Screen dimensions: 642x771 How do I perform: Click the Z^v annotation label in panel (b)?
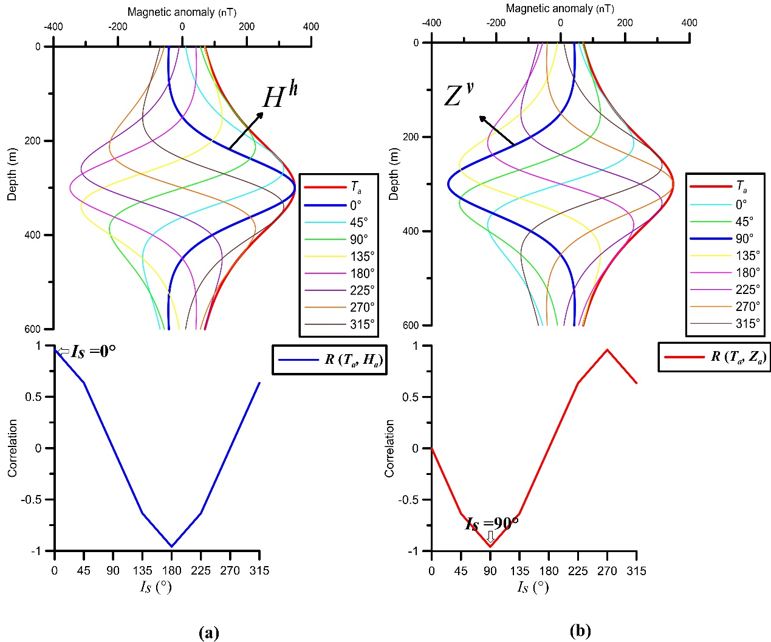tap(458, 95)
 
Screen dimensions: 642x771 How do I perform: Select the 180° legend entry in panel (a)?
tap(362, 273)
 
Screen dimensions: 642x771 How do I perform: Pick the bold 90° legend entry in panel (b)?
tap(744, 239)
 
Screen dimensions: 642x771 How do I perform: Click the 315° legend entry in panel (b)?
tap(748, 324)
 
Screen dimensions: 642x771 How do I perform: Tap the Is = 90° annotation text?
tap(492, 524)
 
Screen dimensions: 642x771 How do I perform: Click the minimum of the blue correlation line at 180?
tap(171, 546)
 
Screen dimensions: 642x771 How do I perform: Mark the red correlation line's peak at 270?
tap(607, 349)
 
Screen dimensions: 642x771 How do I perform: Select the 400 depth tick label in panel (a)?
tap(33, 235)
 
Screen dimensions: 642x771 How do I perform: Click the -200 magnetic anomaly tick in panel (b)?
tap(496, 23)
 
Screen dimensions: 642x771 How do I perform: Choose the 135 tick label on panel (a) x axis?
tap(142, 570)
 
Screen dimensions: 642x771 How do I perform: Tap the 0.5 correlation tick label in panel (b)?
tap(411, 397)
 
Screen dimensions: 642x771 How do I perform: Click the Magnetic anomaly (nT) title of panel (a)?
tap(182, 12)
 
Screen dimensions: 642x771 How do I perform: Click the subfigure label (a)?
tap(208, 633)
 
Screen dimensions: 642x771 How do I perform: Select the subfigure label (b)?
tap(580, 631)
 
